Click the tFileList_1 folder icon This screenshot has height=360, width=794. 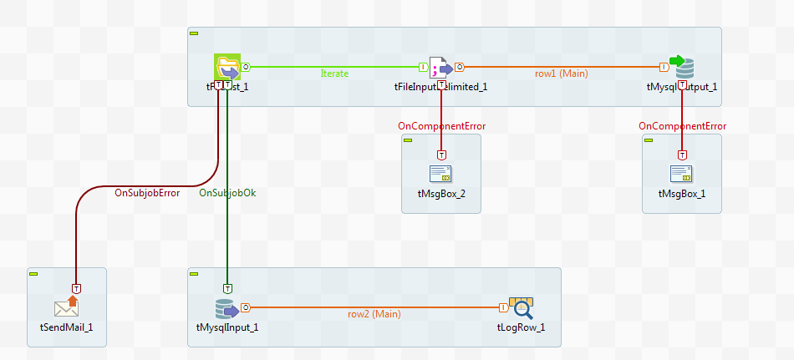point(227,67)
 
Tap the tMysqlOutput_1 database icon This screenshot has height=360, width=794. point(683,67)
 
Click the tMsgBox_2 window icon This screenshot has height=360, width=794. point(440,174)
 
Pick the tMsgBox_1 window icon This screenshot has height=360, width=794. point(682,174)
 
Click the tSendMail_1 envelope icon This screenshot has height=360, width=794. point(66,307)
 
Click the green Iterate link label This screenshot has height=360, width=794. point(334,74)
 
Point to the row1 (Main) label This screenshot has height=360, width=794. point(562,74)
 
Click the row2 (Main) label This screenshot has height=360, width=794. point(374,314)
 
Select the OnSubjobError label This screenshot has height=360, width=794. point(147,193)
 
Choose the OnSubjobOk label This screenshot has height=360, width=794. point(227,193)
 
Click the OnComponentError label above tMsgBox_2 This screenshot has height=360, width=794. point(441,126)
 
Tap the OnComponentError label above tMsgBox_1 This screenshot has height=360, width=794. point(682,126)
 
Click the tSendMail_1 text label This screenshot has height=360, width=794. point(66,327)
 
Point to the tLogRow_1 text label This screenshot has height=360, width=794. point(521,327)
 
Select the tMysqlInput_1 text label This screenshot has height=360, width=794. point(221,327)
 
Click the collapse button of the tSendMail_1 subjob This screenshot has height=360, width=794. point(33,273)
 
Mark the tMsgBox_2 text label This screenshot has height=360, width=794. point(440,194)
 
